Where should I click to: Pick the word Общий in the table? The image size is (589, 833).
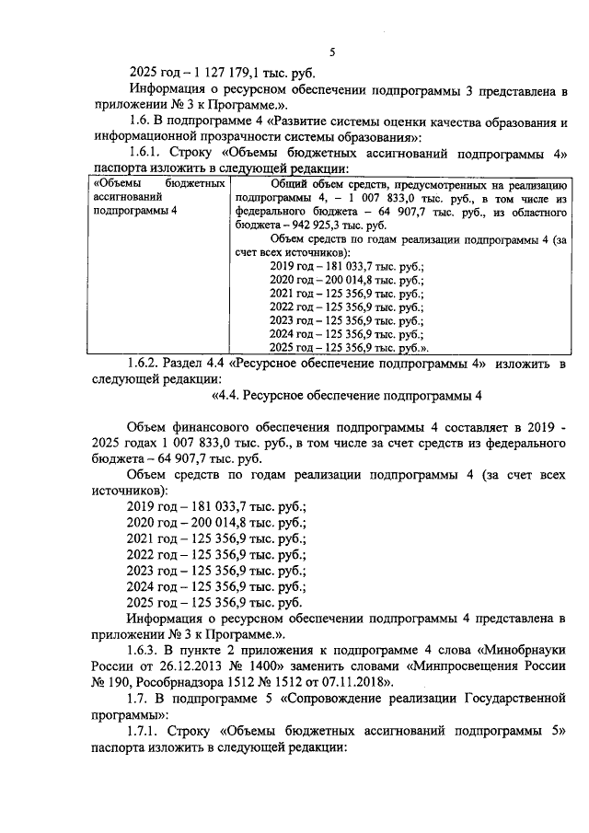pyautogui.click(x=292, y=184)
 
